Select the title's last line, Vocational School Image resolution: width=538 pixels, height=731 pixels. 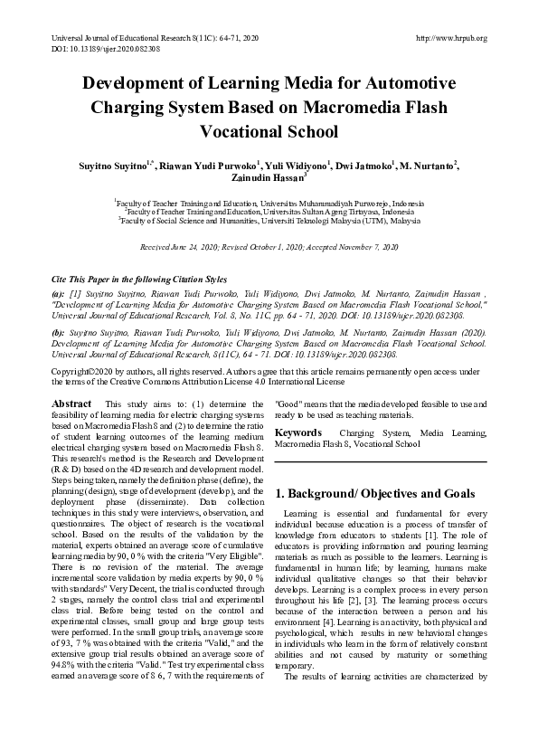(x=269, y=131)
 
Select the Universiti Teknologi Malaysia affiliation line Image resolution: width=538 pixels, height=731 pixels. (x=269, y=221)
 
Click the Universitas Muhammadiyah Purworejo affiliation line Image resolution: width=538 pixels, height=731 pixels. (x=269, y=204)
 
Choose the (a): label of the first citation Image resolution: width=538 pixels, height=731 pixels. (x=59, y=294)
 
